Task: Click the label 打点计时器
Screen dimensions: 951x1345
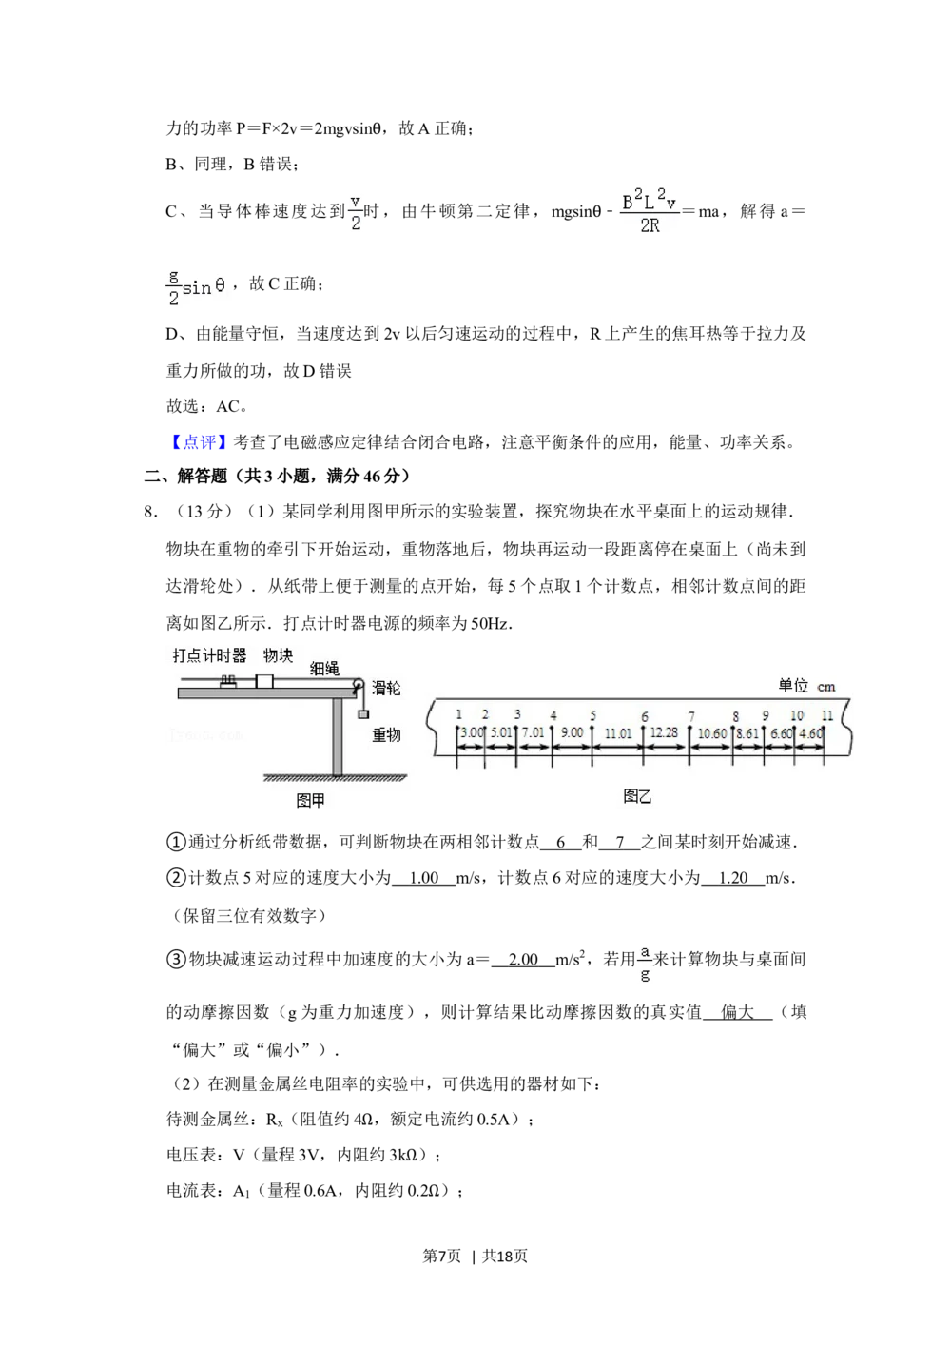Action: (x=209, y=655)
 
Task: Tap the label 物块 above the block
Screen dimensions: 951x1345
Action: (x=278, y=655)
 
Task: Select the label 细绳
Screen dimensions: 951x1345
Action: (x=324, y=669)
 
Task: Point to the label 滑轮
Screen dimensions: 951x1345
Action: (x=386, y=688)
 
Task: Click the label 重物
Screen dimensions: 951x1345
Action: (x=386, y=734)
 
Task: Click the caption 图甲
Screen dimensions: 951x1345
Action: (x=311, y=800)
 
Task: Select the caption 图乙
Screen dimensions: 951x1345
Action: (x=637, y=796)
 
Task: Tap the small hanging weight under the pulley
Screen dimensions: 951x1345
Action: (x=362, y=713)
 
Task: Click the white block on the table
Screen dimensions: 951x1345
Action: (x=264, y=682)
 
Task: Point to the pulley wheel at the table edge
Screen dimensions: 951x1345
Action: (x=359, y=685)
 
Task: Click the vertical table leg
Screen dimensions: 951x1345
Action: (x=337, y=736)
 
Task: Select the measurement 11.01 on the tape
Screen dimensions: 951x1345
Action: (x=618, y=733)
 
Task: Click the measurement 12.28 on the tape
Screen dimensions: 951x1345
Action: (x=665, y=732)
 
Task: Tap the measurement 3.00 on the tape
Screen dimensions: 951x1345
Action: (x=472, y=733)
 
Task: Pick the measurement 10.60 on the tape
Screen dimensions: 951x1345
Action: (x=712, y=733)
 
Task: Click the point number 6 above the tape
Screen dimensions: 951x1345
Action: (x=645, y=717)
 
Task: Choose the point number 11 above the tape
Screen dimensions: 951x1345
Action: (x=827, y=715)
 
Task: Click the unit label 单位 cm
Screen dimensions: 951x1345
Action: (x=806, y=686)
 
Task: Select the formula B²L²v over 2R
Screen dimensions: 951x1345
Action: (x=650, y=209)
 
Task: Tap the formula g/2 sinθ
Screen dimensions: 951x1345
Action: (x=197, y=285)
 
